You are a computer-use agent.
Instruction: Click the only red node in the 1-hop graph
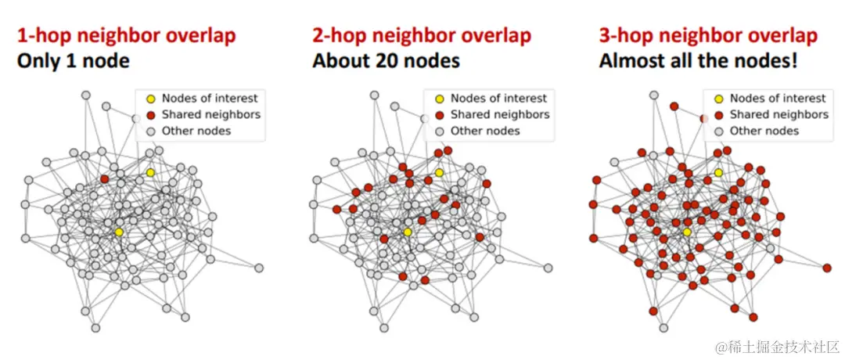(x=104, y=179)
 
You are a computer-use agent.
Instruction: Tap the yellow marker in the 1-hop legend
(x=150, y=99)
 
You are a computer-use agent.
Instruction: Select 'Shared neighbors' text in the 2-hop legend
(x=500, y=114)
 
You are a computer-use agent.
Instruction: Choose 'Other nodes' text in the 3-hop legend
(x=764, y=131)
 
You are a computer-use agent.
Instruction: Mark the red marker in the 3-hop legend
(x=718, y=115)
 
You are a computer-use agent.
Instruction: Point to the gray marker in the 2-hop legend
(x=439, y=131)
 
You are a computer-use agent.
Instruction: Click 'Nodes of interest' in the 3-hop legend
(x=778, y=99)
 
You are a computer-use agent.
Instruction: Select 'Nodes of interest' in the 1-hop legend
(x=210, y=99)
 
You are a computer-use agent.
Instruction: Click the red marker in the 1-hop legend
(x=150, y=115)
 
